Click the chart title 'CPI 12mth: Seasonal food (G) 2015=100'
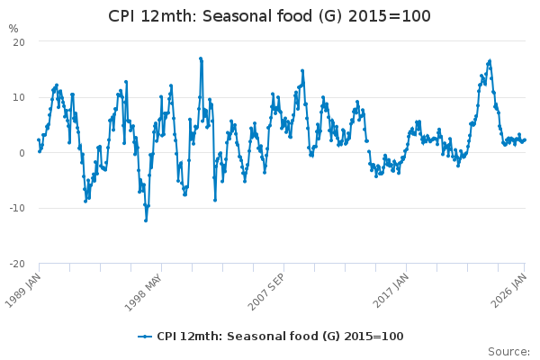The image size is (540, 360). (269, 16)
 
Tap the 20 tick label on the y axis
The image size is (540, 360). (18, 42)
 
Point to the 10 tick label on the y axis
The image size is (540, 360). (18, 97)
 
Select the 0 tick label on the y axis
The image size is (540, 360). (21, 153)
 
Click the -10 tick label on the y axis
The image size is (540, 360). (16, 208)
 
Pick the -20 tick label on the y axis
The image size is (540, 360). (16, 264)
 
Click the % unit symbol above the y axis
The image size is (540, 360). (13, 29)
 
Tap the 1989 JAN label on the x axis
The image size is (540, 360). (24, 287)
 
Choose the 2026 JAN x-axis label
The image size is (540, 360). (509, 287)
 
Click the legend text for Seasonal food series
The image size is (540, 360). (280, 336)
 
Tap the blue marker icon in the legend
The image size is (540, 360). (144, 336)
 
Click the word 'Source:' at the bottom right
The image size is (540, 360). (508, 351)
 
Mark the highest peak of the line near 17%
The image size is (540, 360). (201, 58)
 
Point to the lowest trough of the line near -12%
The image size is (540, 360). (146, 220)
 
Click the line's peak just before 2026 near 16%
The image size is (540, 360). (490, 60)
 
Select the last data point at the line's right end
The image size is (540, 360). (525, 139)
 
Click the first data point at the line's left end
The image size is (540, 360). (38, 139)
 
